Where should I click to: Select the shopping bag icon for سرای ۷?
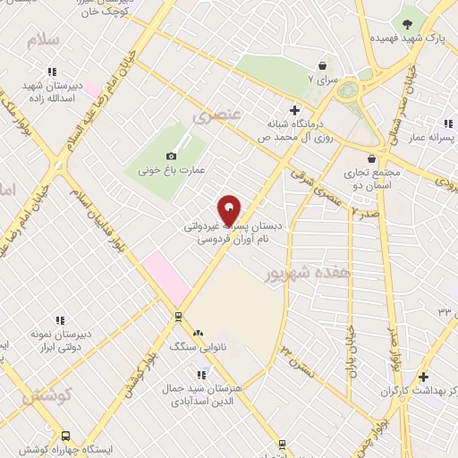click(323, 65)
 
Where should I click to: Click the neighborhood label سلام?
click(42, 42)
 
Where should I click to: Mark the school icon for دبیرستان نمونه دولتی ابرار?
click(60, 319)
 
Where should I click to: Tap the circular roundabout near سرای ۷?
click(349, 89)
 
